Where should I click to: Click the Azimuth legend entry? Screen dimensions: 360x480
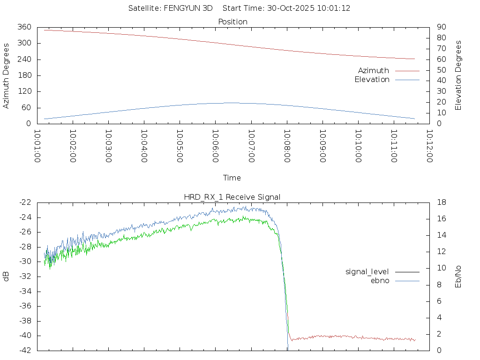coord(374,71)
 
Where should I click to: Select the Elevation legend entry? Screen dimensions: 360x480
coord(372,80)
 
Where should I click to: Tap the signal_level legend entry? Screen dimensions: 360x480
coord(367,272)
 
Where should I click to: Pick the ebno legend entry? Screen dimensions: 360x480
coord(380,281)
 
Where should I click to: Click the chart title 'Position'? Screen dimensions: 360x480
coord(232,22)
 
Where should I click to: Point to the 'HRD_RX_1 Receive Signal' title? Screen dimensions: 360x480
coord(232,197)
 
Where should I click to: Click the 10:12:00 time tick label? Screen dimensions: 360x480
coord(429,146)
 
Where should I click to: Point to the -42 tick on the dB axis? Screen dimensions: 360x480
coord(25,351)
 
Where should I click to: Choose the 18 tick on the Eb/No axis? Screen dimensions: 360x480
coord(441,202)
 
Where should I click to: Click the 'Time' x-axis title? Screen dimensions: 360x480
coord(232,178)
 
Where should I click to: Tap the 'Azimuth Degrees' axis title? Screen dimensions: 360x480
coord(7,75)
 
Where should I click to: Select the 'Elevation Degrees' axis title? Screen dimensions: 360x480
coord(458,75)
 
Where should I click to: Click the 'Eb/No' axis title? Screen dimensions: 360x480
coord(458,277)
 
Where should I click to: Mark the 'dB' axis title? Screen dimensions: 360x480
coord(7,277)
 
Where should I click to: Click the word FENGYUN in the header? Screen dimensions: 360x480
coord(183,8)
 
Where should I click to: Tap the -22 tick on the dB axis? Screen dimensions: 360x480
coord(25,202)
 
